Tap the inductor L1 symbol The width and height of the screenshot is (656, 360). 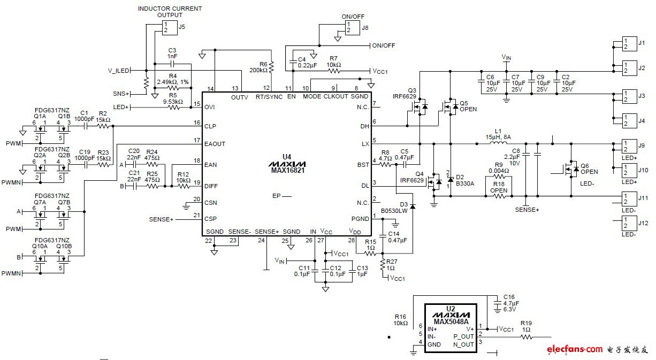(x=499, y=143)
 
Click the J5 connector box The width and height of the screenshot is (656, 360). (x=169, y=28)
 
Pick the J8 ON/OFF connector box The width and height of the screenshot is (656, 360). (x=352, y=27)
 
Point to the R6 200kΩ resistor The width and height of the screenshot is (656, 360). (x=271, y=67)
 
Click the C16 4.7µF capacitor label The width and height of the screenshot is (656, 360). (x=509, y=303)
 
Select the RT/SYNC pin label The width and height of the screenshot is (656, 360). (x=268, y=96)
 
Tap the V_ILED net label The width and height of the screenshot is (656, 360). (x=119, y=70)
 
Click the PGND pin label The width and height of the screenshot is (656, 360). (x=360, y=218)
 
